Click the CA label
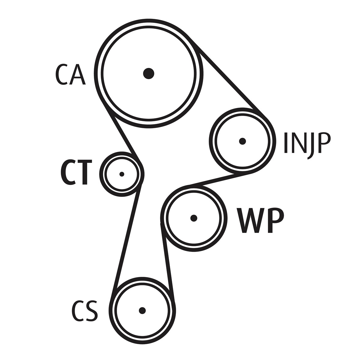tap(70, 74)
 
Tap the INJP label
tap(307, 143)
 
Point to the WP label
tap(260, 220)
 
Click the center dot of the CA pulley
tap(148, 73)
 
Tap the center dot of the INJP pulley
tap(242, 141)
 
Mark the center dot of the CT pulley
tap(121, 174)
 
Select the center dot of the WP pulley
tap(194, 218)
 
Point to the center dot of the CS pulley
tap(142, 310)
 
